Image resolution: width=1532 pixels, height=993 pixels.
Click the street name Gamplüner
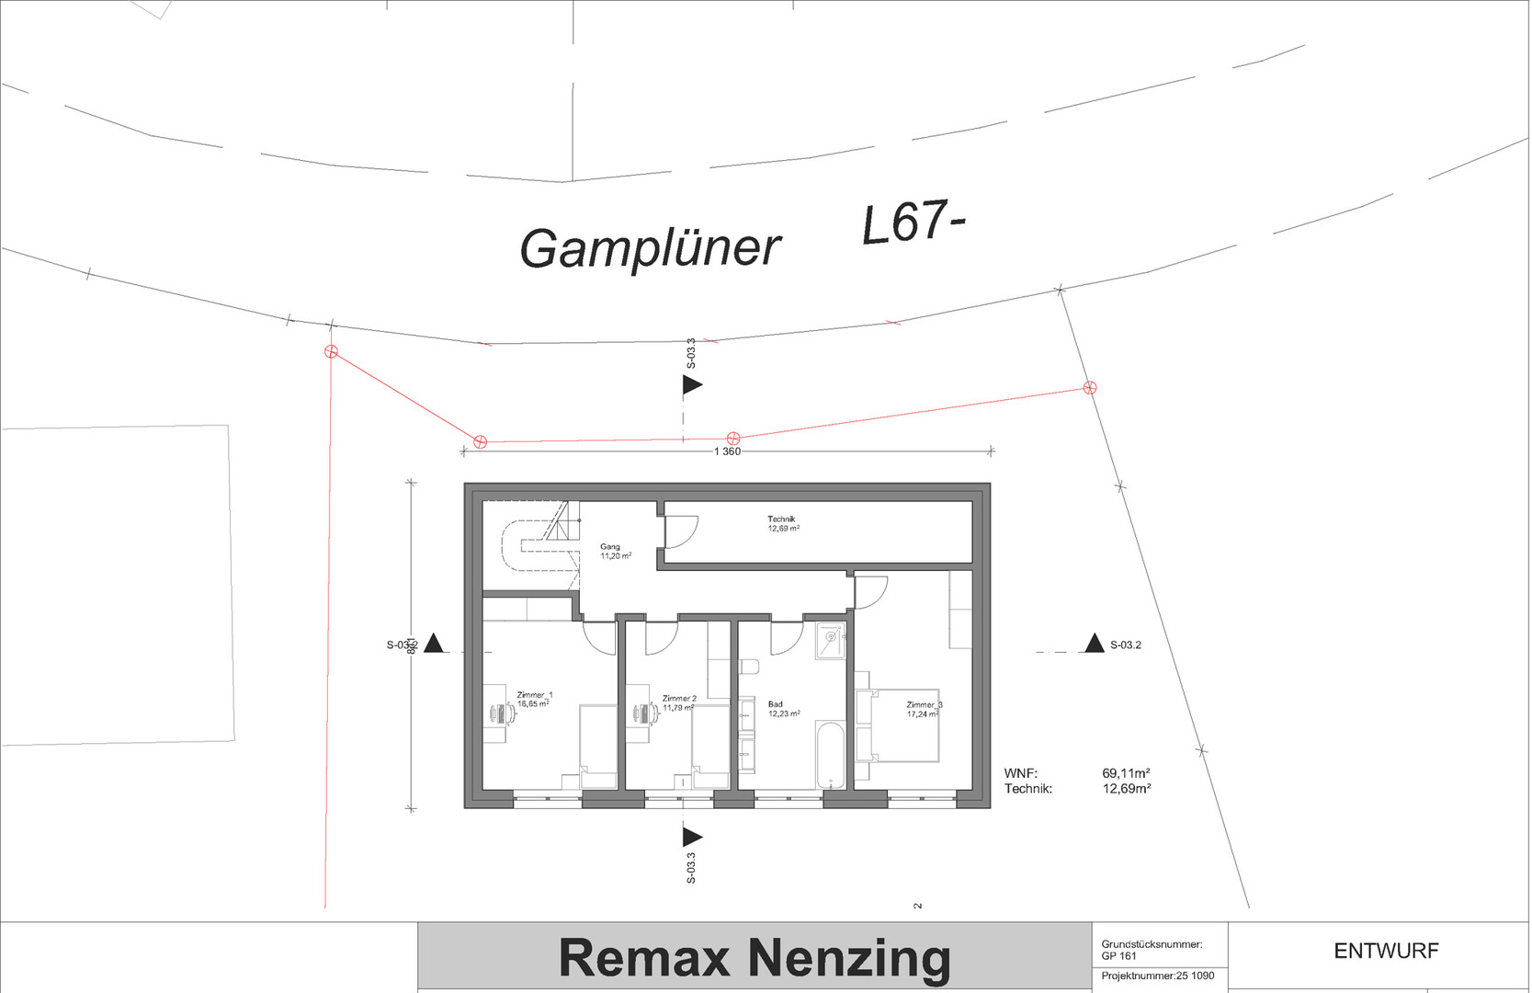tap(650, 248)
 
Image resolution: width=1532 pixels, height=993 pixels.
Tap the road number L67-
tap(913, 223)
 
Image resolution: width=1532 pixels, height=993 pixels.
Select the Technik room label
tap(781, 519)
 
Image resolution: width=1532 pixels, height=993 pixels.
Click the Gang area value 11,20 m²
tap(616, 556)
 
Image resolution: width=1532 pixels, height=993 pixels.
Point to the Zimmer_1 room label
tap(535, 695)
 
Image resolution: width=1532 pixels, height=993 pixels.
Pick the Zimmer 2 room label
tap(679, 699)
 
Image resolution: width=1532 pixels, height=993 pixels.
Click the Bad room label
tap(776, 704)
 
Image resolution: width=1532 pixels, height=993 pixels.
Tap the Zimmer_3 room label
tap(924, 705)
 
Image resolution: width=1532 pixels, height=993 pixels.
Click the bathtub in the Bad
tap(831, 755)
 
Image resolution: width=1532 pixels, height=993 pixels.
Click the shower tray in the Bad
tap(830, 641)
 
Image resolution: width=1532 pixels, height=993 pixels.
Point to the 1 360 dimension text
tap(727, 451)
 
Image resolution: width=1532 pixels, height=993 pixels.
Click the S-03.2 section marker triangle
tap(1094, 644)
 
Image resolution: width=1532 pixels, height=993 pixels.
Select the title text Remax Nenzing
tap(755, 957)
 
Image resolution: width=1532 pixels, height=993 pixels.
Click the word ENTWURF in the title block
tap(1386, 951)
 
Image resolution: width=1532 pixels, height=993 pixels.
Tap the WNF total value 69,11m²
tap(1126, 774)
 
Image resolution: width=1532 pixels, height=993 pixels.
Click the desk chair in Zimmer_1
tap(497, 712)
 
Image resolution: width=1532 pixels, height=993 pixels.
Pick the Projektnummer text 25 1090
tap(1195, 976)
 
